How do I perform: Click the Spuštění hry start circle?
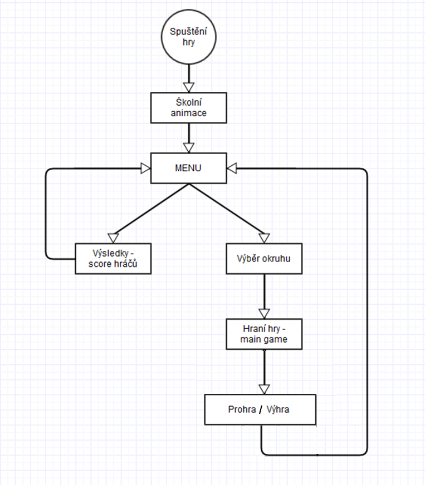(x=188, y=37)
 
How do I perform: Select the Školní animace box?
(x=188, y=107)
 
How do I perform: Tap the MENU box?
(x=188, y=168)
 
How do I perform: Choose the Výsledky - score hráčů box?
(x=113, y=259)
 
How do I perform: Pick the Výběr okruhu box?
(x=263, y=259)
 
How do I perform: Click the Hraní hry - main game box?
(x=263, y=334)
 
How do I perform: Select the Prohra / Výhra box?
(x=260, y=410)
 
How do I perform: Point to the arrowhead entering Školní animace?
(x=188, y=87)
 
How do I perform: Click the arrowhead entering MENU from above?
(x=188, y=147)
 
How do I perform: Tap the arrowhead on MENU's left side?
(x=145, y=168)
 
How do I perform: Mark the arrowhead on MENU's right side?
(x=232, y=168)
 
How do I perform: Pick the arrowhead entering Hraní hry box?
(x=263, y=313)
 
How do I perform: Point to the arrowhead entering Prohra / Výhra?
(x=263, y=389)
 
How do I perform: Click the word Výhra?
(x=277, y=410)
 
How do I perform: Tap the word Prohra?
(x=242, y=410)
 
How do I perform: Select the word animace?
(x=188, y=113)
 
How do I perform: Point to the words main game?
(x=263, y=339)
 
